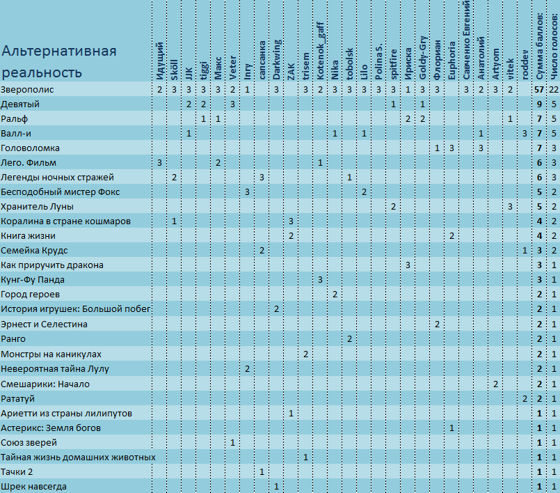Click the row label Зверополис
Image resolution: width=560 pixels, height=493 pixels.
27,89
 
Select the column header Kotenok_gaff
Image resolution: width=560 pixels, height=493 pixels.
321,51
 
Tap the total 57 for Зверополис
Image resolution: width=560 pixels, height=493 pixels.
539,89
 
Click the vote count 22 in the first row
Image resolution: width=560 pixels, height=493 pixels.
554,89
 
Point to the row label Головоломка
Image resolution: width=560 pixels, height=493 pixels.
30,148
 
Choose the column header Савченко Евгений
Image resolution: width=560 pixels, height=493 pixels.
466,40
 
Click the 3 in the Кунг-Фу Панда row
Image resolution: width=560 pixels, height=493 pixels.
321,279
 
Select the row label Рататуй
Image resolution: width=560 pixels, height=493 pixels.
17,398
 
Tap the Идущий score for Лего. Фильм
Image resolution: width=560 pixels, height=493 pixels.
159,163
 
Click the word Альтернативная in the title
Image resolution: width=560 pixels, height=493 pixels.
59,51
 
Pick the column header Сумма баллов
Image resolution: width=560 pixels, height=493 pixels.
539,47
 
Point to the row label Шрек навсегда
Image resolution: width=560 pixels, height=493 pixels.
33,487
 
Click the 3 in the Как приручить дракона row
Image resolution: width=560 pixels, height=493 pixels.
408,265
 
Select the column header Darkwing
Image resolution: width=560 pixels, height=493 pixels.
276,59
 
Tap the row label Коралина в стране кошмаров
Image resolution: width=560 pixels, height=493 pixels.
65,221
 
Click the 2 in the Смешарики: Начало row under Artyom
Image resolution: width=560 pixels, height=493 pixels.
495,384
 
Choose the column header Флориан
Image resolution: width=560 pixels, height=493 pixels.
437,60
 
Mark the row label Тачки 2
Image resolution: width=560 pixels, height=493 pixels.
17,472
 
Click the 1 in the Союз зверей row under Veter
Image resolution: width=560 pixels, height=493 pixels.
232,443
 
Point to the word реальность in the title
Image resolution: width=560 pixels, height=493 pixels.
42,72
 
